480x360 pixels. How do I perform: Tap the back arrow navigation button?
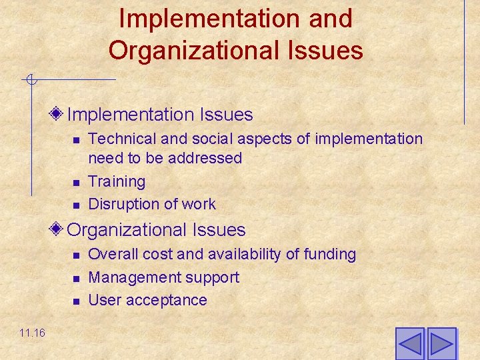pos(410,344)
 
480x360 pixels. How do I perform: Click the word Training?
pos(117,181)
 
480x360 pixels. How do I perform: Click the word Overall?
pos(111,254)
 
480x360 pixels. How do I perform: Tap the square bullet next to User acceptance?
pos(76,301)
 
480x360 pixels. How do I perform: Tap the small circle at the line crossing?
pos(31,81)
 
